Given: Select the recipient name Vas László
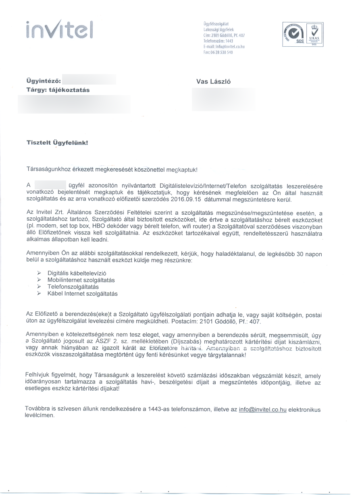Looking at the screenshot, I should tap(213, 81).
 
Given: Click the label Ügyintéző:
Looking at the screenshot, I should tap(44, 81).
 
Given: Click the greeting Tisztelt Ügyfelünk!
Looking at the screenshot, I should tap(56, 143).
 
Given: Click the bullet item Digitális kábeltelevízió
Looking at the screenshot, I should tap(77, 273).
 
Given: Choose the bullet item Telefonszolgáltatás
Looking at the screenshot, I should tap(73, 287).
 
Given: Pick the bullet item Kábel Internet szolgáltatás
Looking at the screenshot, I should tap(82, 294).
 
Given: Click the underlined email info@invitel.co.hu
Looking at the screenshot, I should tap(262, 409).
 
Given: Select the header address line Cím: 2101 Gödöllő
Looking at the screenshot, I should tap(224, 35).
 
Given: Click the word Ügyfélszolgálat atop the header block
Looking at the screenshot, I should tap(216, 24).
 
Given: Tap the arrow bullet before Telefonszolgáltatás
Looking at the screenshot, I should tap(39, 287).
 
